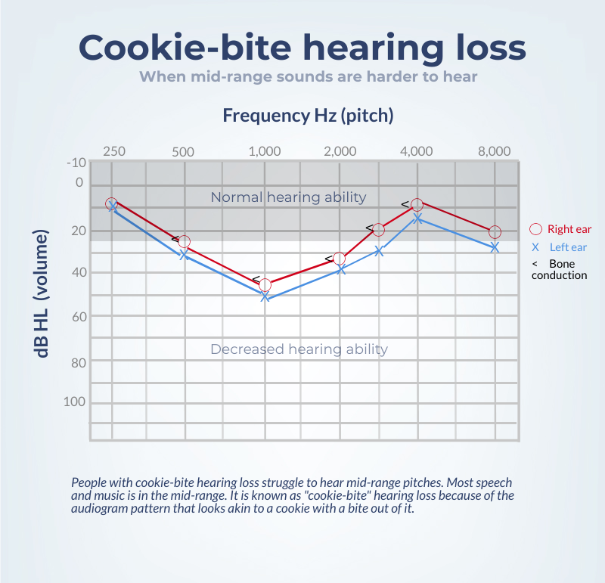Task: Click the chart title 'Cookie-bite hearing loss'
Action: pos(302,47)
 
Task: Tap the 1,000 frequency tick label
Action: pos(265,151)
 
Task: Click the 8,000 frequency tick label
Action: pos(494,151)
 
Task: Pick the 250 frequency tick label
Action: pos(113,151)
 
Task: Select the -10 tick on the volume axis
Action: pos(76,163)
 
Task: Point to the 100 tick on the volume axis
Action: pos(75,402)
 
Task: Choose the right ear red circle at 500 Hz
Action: pos(184,242)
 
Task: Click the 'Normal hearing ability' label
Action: pos(288,197)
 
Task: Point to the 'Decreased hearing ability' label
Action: pos(299,349)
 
